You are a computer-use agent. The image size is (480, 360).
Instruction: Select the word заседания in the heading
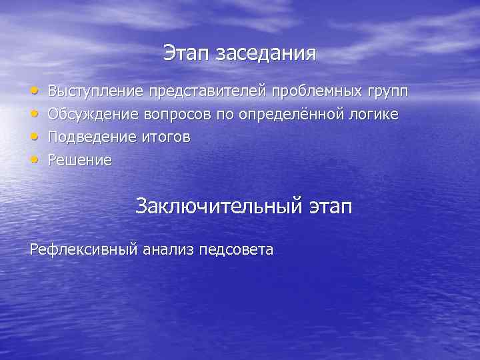(x=265, y=54)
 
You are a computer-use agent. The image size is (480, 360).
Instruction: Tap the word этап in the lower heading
(x=330, y=206)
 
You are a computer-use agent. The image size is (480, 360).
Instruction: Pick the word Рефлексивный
(x=84, y=250)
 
